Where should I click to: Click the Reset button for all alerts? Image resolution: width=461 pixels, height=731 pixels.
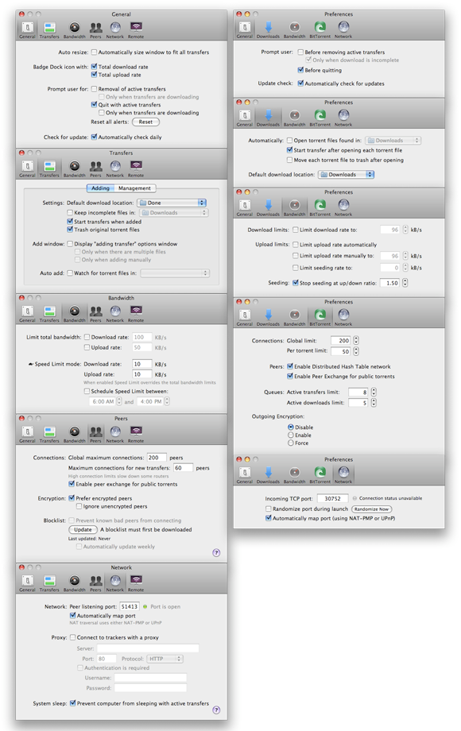point(145,122)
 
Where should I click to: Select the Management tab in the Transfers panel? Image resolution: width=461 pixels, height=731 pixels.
point(134,188)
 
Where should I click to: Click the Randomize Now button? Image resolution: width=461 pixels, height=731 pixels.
point(373,509)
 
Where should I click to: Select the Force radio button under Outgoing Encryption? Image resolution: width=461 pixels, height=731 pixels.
point(290,443)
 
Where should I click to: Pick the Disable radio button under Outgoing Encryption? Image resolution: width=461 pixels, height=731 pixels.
point(290,426)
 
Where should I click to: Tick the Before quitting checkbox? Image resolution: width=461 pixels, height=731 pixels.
point(300,70)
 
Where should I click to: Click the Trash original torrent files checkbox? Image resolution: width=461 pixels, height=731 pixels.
point(70,230)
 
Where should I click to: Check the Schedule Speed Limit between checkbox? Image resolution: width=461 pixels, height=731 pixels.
point(87,392)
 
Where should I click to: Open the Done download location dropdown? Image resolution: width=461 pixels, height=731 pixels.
point(171,203)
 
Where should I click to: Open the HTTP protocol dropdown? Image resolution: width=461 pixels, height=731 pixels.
point(164,659)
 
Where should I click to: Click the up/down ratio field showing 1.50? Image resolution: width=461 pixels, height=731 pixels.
point(389,283)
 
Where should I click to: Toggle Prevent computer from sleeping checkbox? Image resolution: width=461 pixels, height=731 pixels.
point(73,703)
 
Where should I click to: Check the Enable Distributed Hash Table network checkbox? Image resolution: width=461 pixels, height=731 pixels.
point(291,366)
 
